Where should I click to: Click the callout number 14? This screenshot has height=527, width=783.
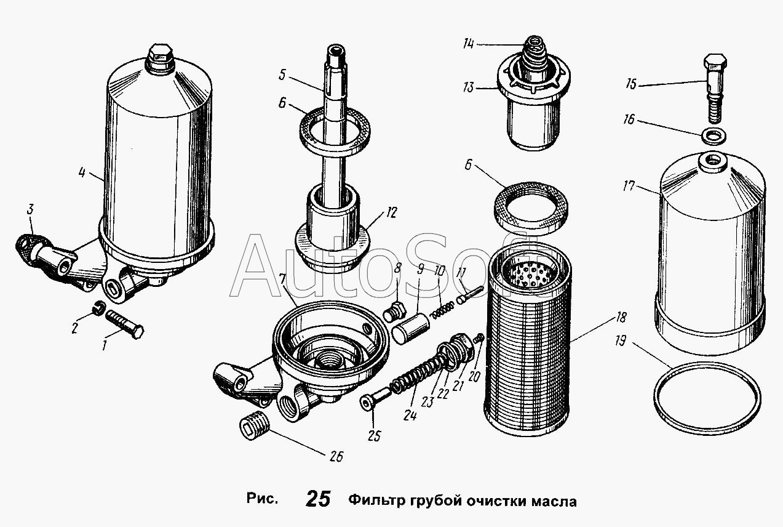469,44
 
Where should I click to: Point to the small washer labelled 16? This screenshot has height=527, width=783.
713,137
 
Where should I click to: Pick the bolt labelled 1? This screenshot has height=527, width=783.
124,324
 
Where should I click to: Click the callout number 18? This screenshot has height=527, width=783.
621,318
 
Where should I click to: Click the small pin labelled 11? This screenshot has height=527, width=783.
470,296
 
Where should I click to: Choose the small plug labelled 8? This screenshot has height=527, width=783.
395,311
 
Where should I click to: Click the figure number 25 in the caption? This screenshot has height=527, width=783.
318,499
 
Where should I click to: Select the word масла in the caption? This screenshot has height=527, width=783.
554,502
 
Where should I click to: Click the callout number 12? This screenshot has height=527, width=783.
392,212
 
